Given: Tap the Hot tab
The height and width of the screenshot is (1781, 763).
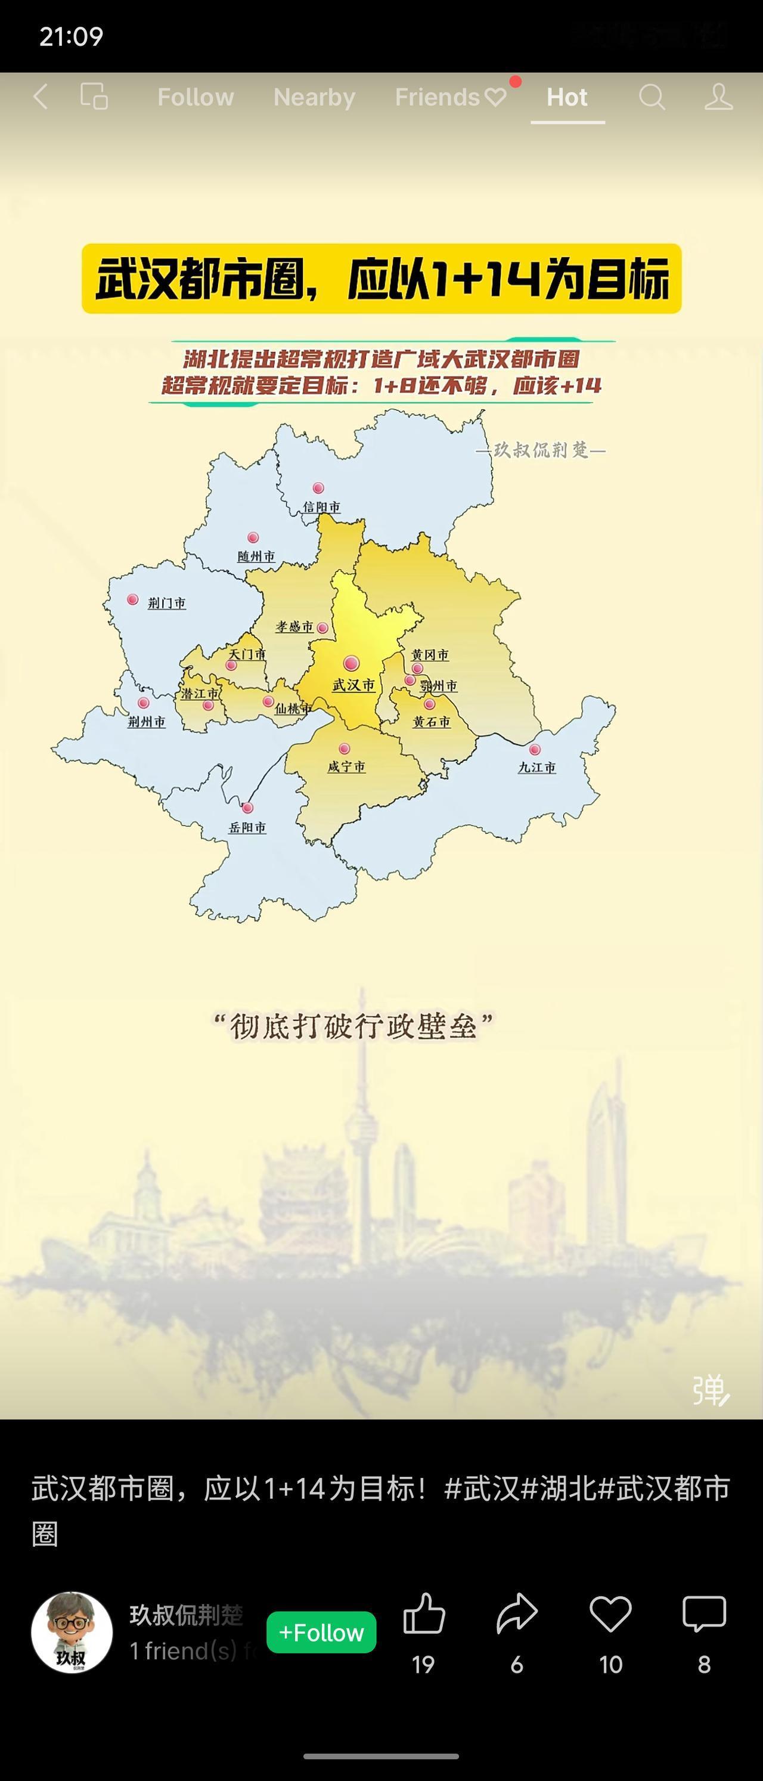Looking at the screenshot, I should click(567, 97).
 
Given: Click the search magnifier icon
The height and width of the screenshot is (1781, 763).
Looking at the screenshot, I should click(651, 97).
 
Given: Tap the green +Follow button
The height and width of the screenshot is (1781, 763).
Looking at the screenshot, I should click(321, 1632).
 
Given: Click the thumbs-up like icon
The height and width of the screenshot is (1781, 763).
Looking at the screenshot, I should click(424, 1615).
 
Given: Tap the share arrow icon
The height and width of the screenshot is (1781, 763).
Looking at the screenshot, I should click(517, 1615).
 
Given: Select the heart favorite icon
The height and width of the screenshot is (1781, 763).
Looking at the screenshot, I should click(610, 1615).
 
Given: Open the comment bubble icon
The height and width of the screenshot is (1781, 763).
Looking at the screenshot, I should click(703, 1615).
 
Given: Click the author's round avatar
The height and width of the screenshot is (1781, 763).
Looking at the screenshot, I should click(72, 1632).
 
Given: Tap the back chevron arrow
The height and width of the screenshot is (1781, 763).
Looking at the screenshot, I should click(41, 97).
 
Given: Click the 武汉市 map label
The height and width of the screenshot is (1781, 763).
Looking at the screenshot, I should click(353, 685).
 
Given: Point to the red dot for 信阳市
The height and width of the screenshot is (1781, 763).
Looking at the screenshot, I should click(318, 488).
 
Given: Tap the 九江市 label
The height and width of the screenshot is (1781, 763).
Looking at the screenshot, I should click(537, 768).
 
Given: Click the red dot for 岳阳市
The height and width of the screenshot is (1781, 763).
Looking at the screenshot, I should click(247, 808).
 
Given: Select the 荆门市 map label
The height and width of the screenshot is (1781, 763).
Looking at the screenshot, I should click(166, 603).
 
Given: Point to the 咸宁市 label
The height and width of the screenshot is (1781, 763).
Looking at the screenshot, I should click(346, 767).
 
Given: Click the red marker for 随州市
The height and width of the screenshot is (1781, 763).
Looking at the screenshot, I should click(253, 538).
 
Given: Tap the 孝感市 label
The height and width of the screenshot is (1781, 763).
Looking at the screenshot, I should click(294, 626).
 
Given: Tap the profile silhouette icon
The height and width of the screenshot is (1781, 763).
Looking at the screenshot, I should click(718, 97).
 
